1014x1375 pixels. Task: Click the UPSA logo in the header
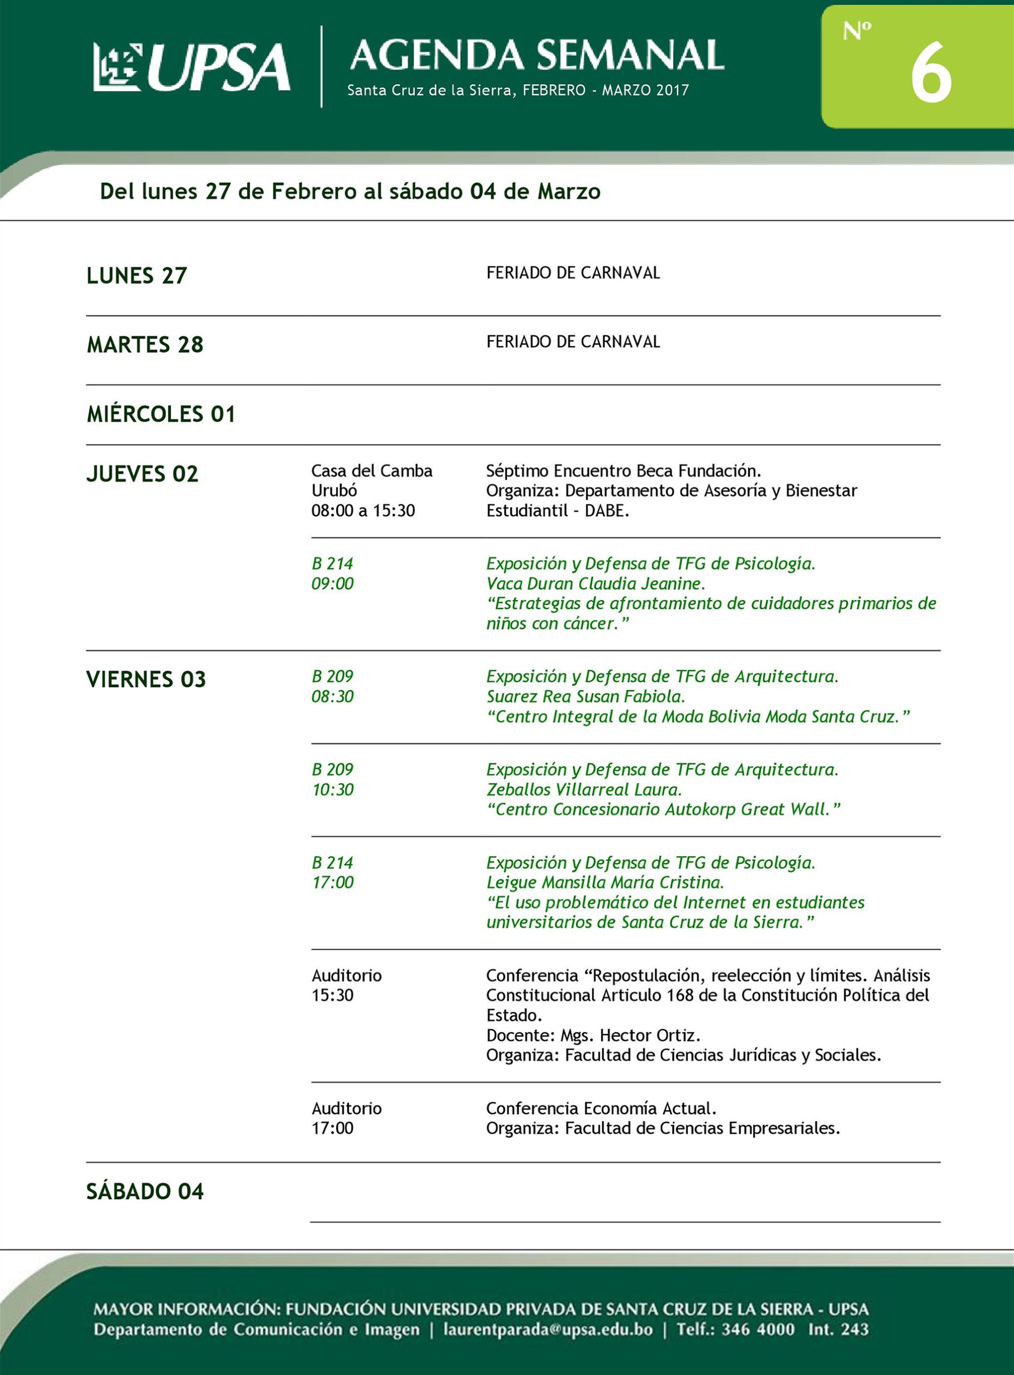pos(192,67)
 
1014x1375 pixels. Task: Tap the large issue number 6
pos(931,74)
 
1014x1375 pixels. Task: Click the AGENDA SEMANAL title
pos(537,55)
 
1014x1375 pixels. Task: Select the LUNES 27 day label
pos(137,276)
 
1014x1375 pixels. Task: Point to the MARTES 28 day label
pos(145,344)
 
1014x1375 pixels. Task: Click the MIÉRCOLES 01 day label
pos(161,414)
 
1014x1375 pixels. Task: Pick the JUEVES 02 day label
pos(142,474)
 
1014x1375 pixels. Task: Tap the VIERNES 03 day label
pos(146,679)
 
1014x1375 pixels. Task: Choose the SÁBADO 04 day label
pos(145,1191)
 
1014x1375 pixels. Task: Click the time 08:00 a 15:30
pos(363,511)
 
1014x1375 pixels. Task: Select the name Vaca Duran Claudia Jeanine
pos(596,583)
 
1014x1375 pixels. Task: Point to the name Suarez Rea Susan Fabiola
pos(585,697)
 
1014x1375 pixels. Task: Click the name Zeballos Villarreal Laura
pos(584,790)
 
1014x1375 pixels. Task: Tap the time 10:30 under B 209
pos(332,790)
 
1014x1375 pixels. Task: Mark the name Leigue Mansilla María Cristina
pos(605,882)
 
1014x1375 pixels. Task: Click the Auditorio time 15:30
pos(332,995)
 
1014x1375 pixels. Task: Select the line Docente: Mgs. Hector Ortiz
pos(593,1036)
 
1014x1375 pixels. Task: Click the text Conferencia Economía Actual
pos(601,1109)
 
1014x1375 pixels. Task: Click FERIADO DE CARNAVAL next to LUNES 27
pos(573,273)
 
